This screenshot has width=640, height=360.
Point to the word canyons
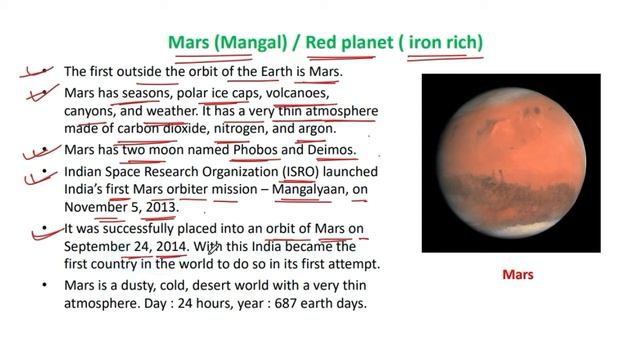pos(92,111)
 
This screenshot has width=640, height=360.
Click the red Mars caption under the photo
pos(517,275)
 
